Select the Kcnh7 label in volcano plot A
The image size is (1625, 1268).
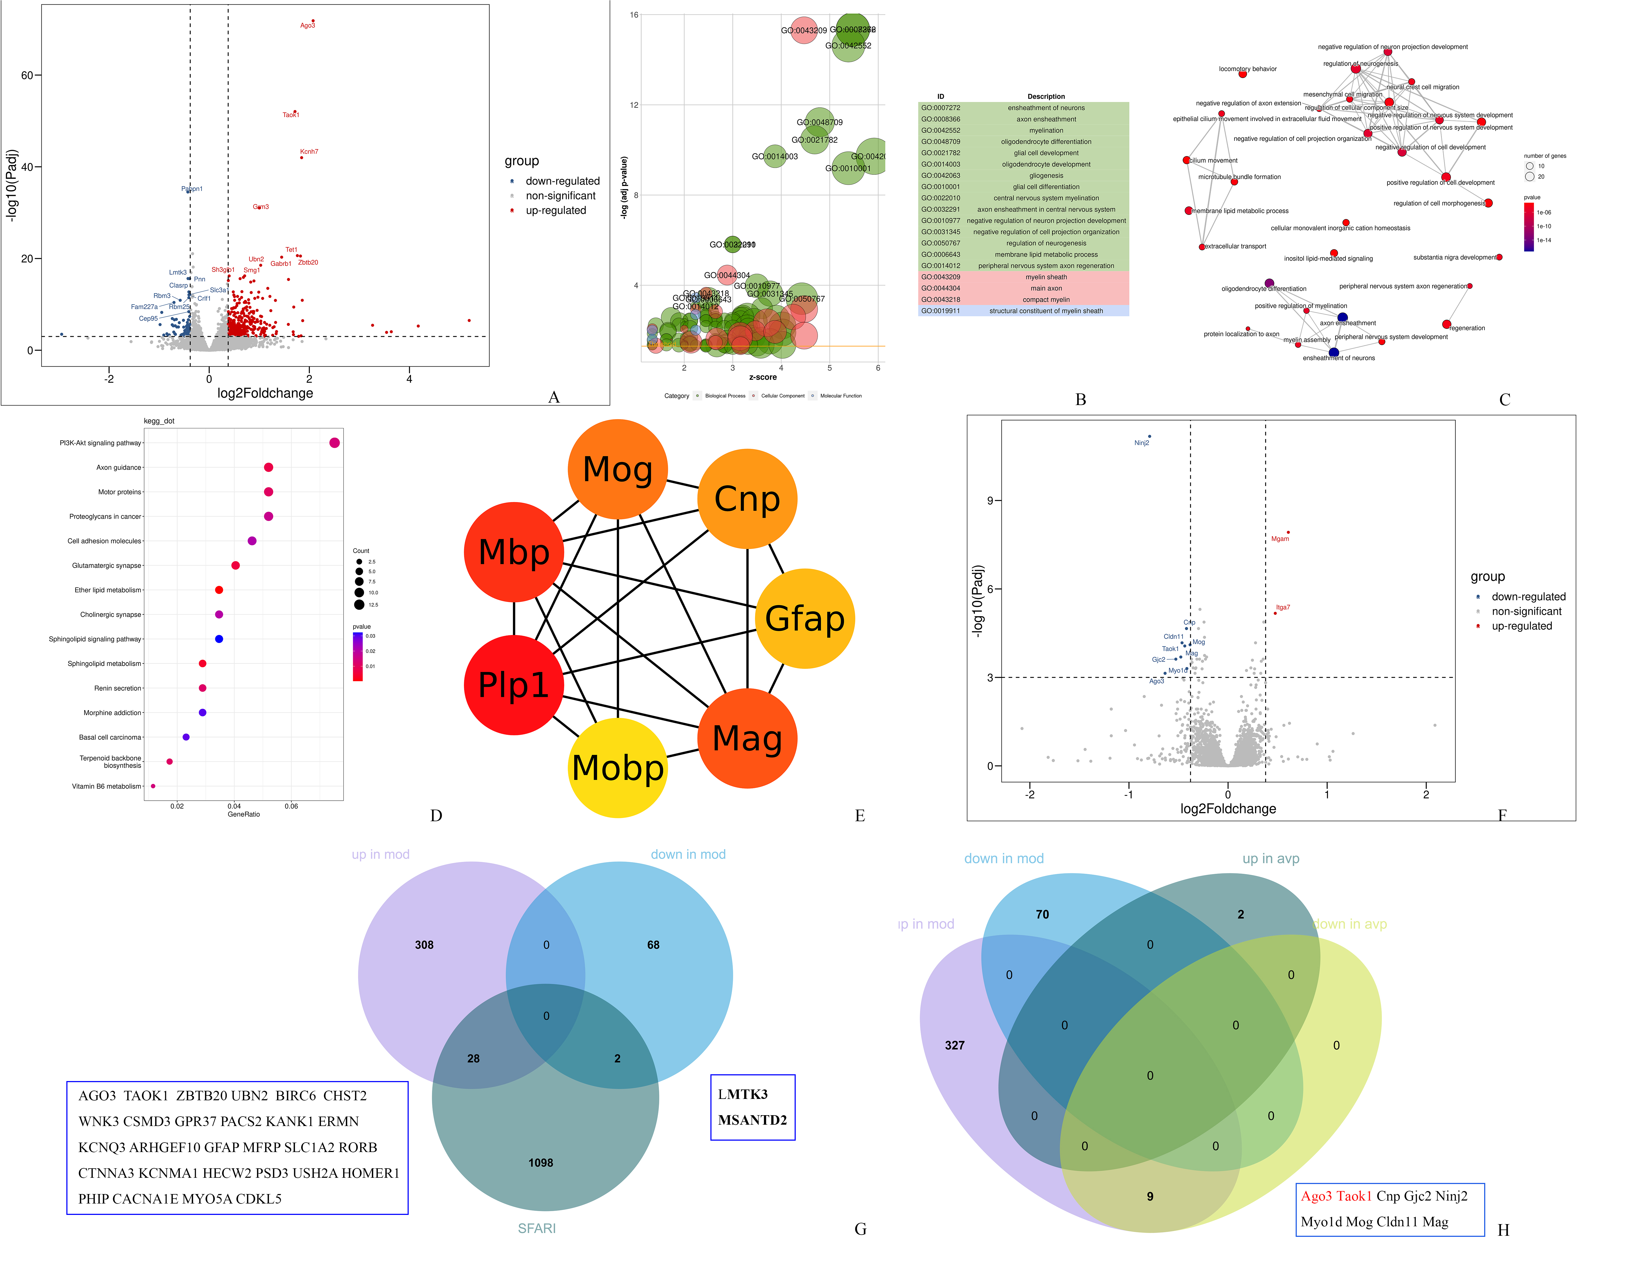tap(309, 152)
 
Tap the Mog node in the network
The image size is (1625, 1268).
tap(617, 470)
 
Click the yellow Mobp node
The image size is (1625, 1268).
tap(617, 767)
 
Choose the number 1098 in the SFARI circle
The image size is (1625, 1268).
tap(541, 1162)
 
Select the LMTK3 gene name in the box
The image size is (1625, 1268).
tap(743, 1094)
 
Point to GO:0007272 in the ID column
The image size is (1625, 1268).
tap(941, 108)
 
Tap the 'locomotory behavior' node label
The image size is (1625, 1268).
tap(1248, 69)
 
